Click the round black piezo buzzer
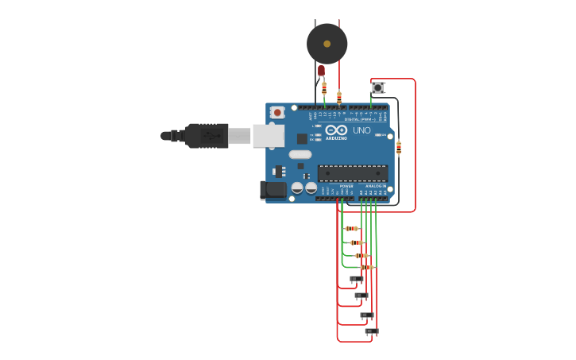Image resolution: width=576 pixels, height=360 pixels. [x=327, y=44]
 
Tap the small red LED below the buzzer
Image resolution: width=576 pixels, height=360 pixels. [x=321, y=71]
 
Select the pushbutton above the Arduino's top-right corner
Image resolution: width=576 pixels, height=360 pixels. [x=377, y=87]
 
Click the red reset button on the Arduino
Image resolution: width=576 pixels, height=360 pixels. [x=277, y=113]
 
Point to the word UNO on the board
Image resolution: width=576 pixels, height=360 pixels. [x=361, y=130]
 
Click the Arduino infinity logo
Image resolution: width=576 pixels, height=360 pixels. [x=336, y=130]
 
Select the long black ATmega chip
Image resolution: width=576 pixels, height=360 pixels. [x=353, y=173]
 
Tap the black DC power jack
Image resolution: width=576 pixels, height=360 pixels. [x=273, y=189]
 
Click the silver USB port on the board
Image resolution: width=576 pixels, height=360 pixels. [x=269, y=136]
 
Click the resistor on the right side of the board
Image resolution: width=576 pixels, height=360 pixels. [x=399, y=147]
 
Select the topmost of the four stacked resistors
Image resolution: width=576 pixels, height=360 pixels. [x=352, y=229]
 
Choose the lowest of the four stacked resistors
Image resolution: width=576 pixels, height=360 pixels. [x=366, y=268]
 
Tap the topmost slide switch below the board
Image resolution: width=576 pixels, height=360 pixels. [x=357, y=279]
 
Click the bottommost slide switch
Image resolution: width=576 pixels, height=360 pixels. [x=371, y=331]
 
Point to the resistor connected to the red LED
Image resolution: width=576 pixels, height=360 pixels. [x=324, y=88]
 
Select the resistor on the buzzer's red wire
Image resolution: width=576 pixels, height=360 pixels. [x=339, y=97]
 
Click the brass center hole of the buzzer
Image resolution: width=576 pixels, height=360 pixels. [x=327, y=44]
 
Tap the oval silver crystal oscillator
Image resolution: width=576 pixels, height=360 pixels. [x=300, y=154]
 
